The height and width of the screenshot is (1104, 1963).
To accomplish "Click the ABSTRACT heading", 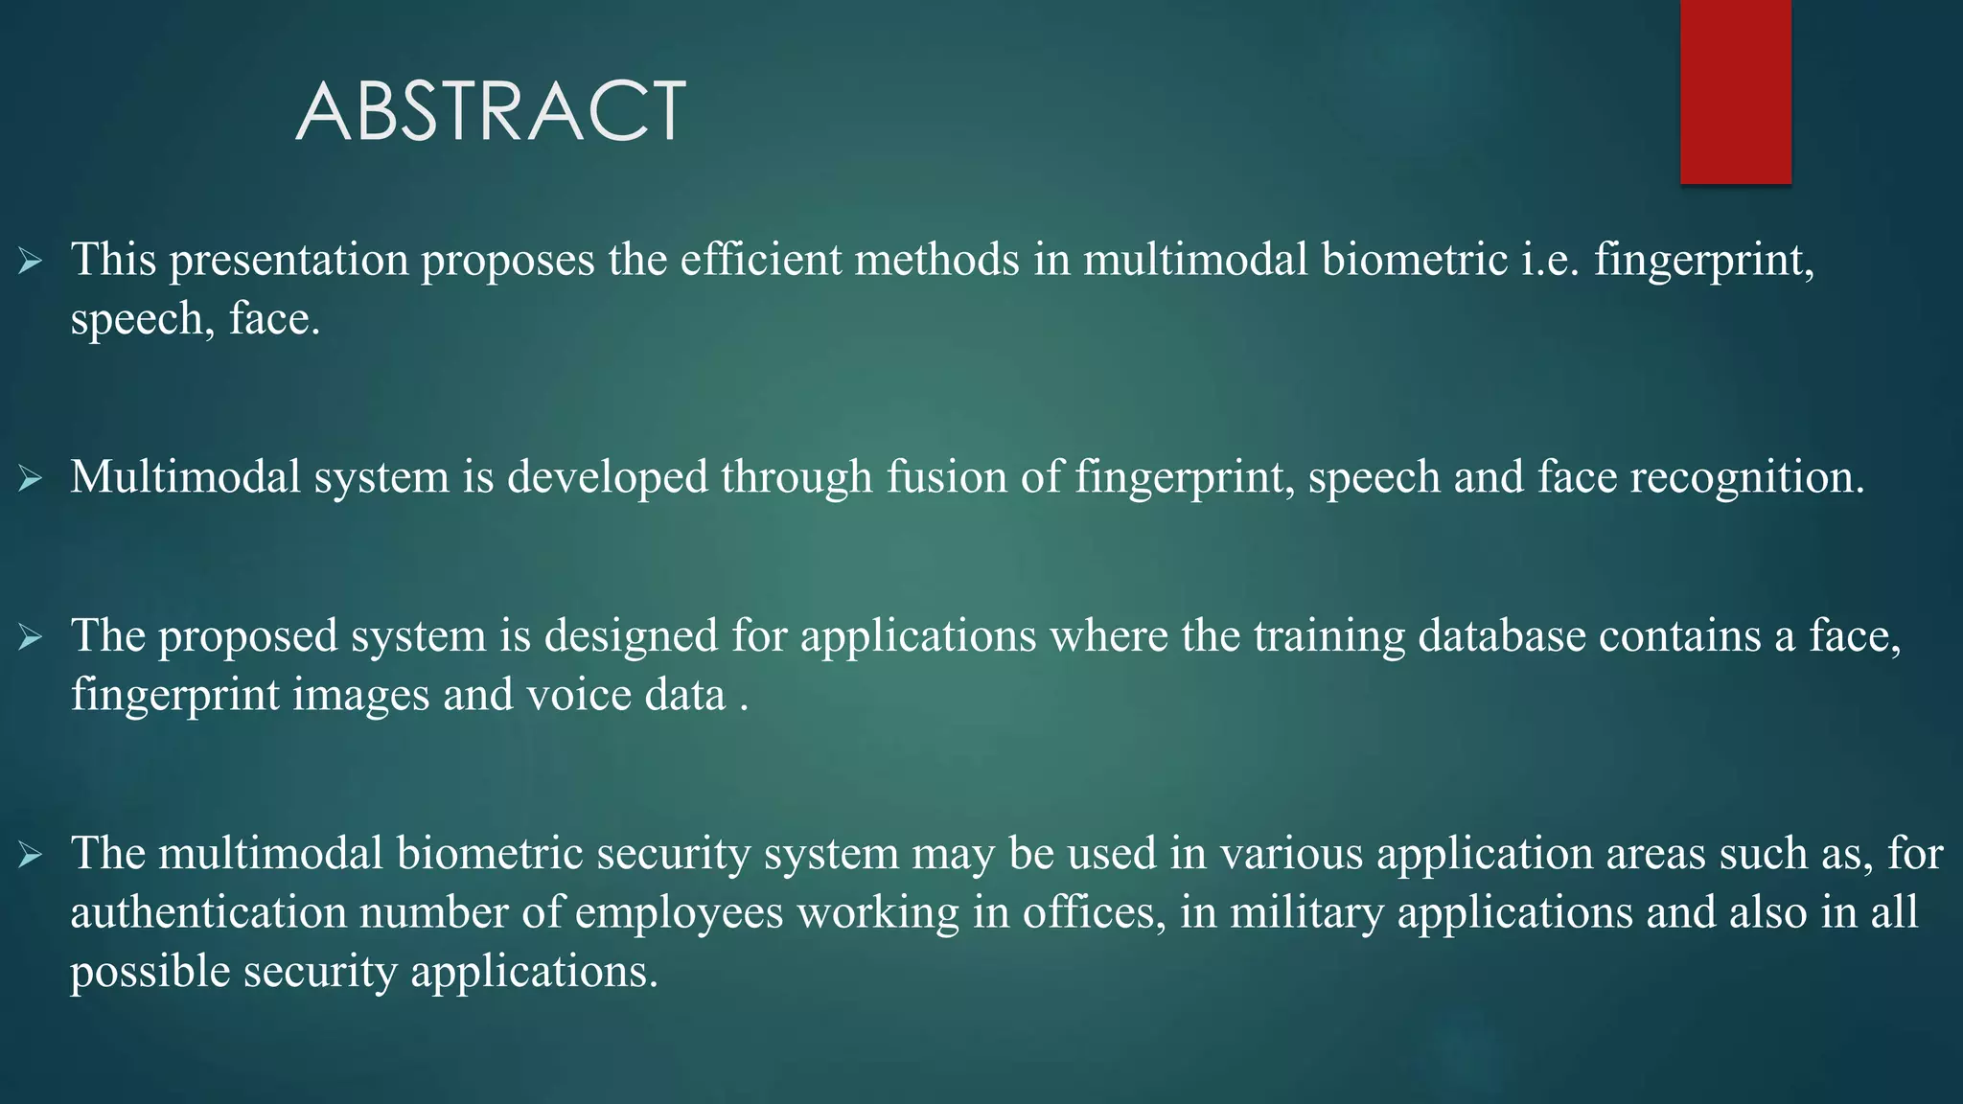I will (x=490, y=111).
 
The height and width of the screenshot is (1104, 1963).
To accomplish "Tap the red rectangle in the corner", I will (x=1735, y=91).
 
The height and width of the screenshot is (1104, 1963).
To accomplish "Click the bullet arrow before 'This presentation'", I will (x=31, y=261).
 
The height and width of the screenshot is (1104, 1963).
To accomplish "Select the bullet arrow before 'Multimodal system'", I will (x=31, y=478).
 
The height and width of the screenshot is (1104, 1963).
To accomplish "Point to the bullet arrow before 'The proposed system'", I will (x=31, y=636).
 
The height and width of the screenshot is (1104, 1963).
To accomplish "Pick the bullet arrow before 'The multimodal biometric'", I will (x=31, y=854).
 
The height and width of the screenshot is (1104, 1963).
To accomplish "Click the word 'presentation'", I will (x=289, y=261).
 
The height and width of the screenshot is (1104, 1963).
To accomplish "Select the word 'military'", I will (x=1306, y=912).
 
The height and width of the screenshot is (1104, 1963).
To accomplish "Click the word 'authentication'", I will (x=208, y=912).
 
